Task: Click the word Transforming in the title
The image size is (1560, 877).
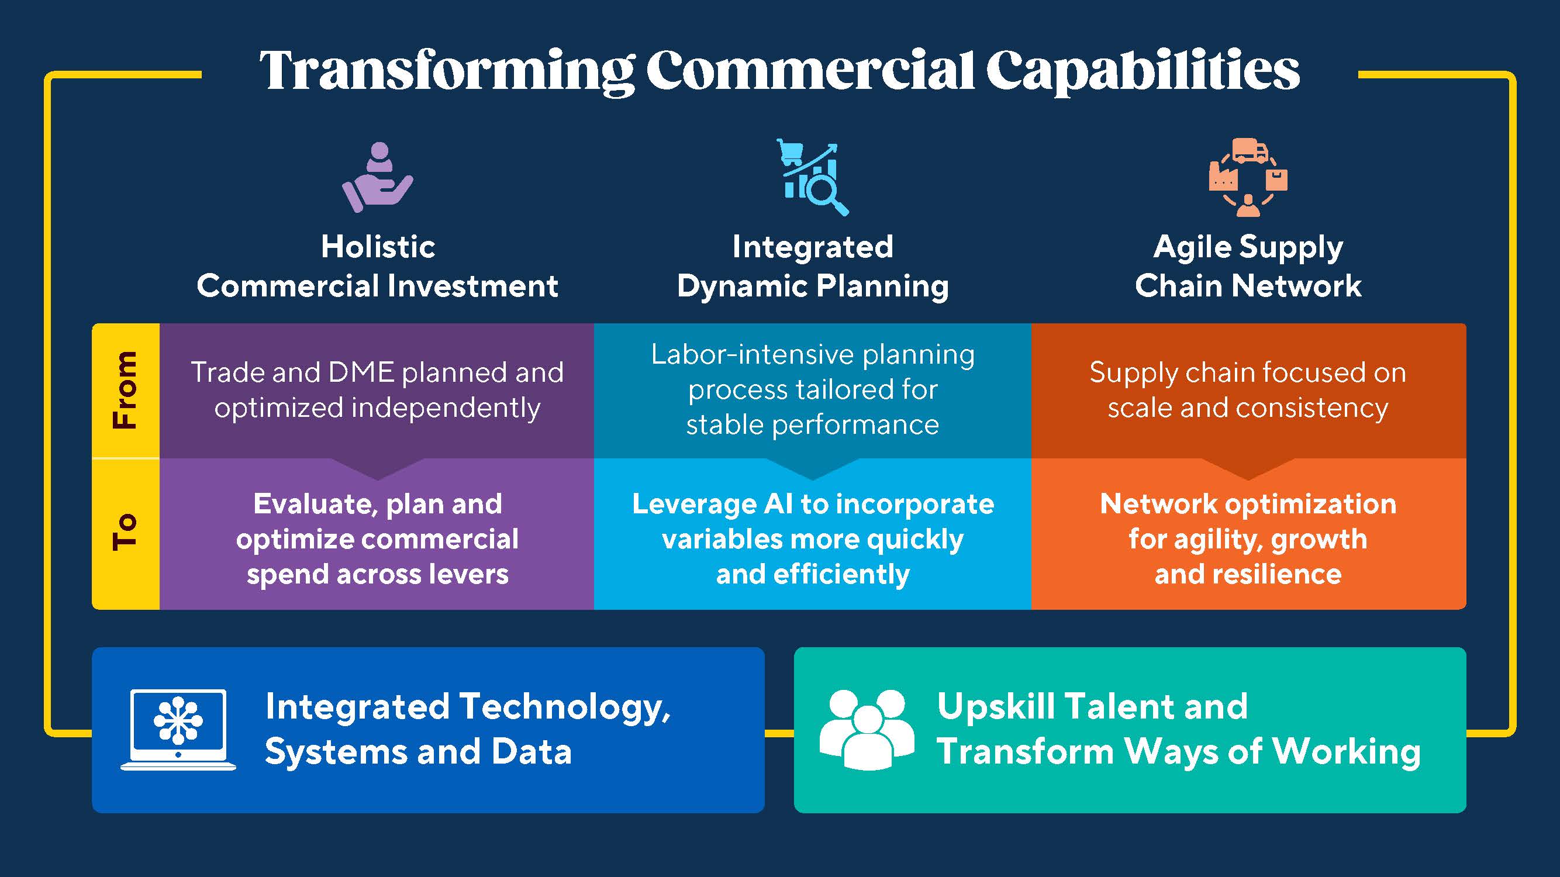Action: [x=447, y=72]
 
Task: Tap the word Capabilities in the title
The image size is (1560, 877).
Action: [x=1143, y=72]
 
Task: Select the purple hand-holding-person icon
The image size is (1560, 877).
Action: [x=377, y=177]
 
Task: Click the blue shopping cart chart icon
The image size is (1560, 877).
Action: [x=813, y=177]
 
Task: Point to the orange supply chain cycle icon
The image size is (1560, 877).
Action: [x=1248, y=177]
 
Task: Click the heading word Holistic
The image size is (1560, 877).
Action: [x=378, y=247]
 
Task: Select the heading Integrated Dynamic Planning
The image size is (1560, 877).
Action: [x=813, y=267]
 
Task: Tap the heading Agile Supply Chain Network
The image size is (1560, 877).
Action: [x=1248, y=267]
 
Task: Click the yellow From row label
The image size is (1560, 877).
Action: [x=125, y=390]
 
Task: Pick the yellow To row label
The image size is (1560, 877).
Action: [x=125, y=533]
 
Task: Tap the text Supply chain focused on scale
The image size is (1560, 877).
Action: [x=1248, y=390]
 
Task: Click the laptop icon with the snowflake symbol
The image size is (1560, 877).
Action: [x=178, y=730]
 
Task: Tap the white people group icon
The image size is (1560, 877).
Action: [x=867, y=730]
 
